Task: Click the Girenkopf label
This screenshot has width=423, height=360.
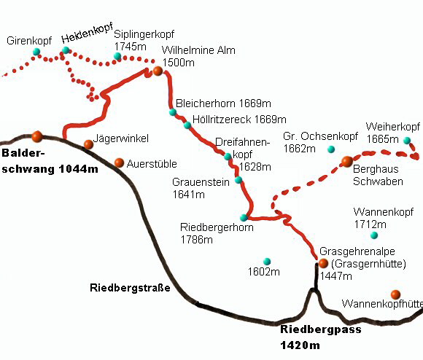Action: pos(29,41)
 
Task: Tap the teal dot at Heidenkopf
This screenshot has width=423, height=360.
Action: pos(66,50)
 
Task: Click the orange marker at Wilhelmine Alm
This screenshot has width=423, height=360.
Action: pos(158,71)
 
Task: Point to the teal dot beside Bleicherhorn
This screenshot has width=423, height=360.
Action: pos(173,112)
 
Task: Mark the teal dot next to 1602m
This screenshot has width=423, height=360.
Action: pos(267,261)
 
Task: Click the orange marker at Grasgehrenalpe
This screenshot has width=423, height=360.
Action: pos(322,262)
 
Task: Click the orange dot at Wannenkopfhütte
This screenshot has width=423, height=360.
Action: pos(395,294)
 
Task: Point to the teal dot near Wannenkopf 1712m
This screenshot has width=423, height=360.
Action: pos(374,235)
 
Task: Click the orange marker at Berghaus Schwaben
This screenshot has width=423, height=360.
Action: pos(347,161)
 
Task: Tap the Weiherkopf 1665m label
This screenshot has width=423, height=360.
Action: pos(392,133)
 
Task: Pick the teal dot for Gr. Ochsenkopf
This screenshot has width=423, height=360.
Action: pos(330,149)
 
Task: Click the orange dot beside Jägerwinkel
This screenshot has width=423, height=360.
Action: pos(88,144)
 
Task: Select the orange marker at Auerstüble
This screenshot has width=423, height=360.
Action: pos(119,163)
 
